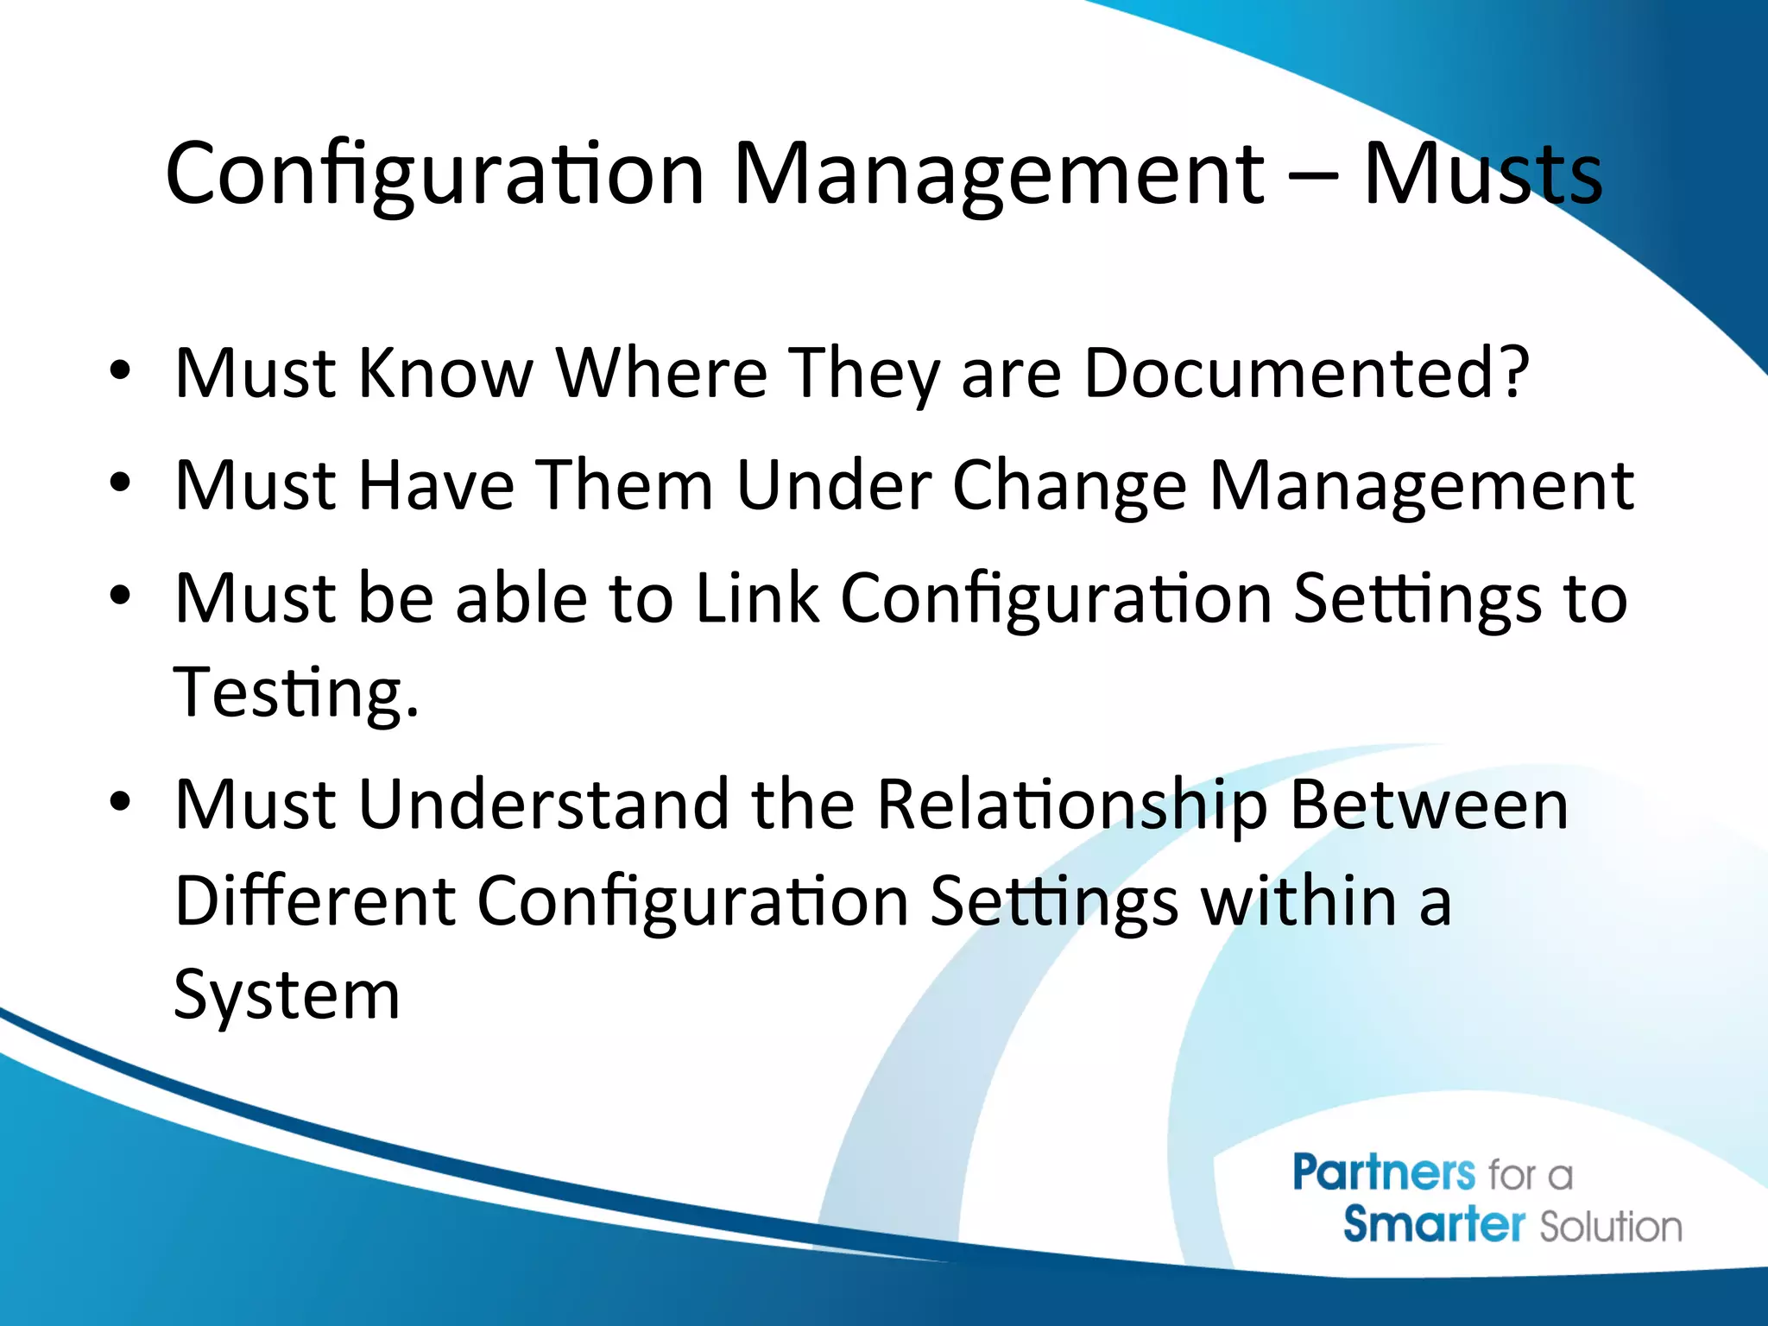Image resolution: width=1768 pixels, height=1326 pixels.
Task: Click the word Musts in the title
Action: [1481, 175]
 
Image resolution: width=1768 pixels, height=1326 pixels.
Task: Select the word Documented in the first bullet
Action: [1291, 373]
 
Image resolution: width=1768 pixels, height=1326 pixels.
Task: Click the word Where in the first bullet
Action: [661, 373]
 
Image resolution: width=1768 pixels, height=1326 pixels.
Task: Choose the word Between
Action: [1429, 805]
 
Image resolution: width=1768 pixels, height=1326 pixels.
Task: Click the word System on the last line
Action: [287, 995]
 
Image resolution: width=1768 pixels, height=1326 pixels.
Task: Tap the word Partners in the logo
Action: [1384, 1173]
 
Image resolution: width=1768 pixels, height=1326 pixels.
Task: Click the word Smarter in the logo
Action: [1434, 1225]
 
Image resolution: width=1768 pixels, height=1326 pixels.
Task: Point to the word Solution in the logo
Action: [1611, 1227]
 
